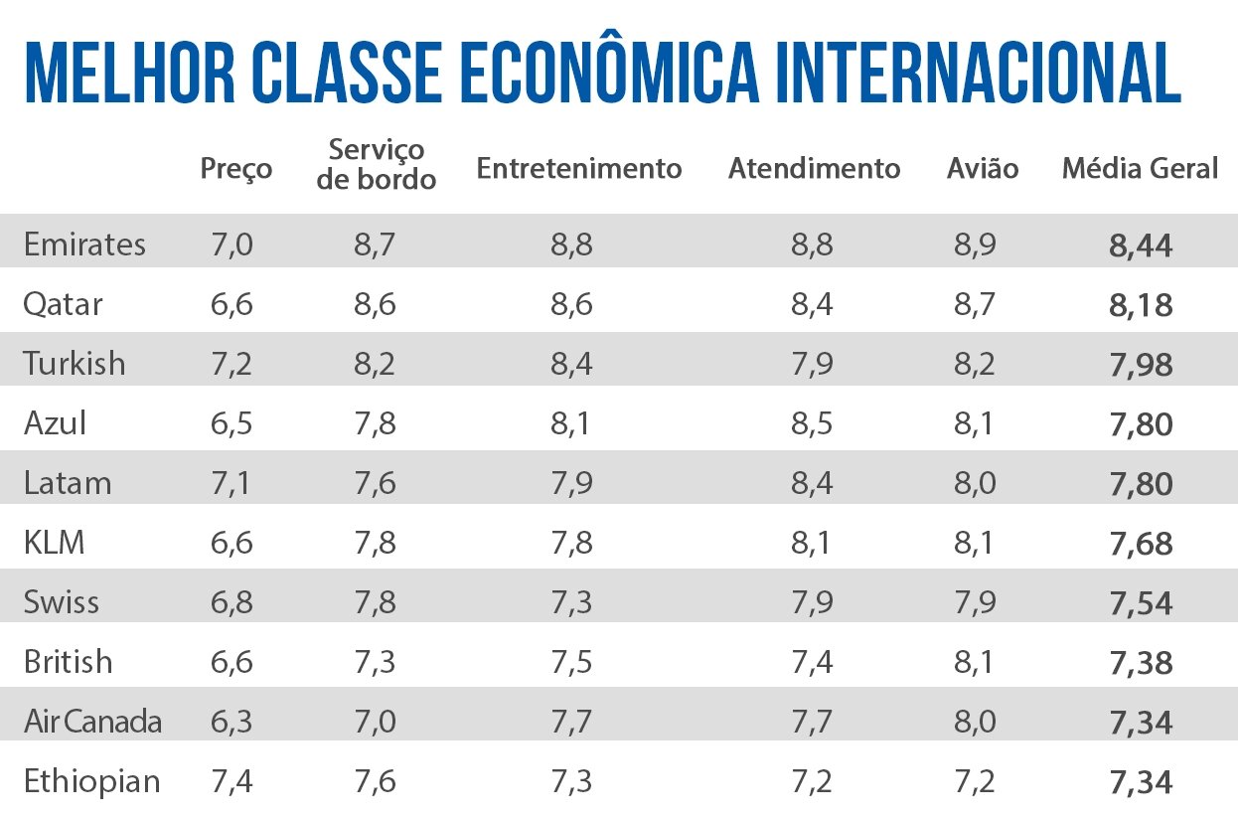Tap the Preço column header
235,169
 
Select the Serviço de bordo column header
377,164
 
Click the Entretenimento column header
579,169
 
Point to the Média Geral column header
1140,169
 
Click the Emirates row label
84,245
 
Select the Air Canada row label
92,722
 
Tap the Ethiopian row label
91,781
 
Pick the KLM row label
55,543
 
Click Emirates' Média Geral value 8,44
1141,246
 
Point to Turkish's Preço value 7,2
232,364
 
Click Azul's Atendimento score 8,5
812,423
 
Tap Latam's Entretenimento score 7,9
571,483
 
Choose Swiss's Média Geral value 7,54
1141,603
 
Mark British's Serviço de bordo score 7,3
375,662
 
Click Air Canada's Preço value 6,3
232,722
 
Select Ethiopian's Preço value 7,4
232,781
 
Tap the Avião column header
983,169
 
